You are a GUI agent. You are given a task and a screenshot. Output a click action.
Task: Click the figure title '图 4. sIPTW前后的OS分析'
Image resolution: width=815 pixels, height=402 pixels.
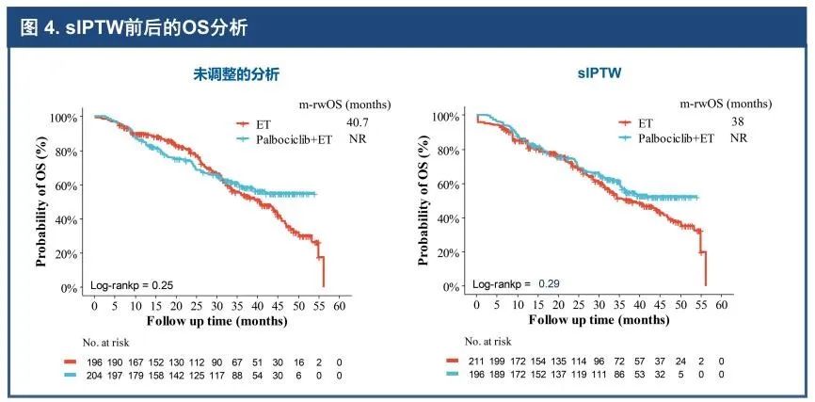pos(135,27)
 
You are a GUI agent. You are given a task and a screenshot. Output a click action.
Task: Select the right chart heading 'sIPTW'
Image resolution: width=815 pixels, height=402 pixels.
pos(594,73)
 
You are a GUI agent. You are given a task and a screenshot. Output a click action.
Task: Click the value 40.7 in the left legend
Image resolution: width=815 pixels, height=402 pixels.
pos(358,122)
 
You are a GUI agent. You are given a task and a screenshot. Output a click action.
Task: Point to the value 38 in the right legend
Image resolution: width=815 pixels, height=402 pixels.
pos(739,122)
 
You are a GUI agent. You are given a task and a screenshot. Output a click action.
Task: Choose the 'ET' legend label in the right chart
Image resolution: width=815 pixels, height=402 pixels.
pos(645,122)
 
